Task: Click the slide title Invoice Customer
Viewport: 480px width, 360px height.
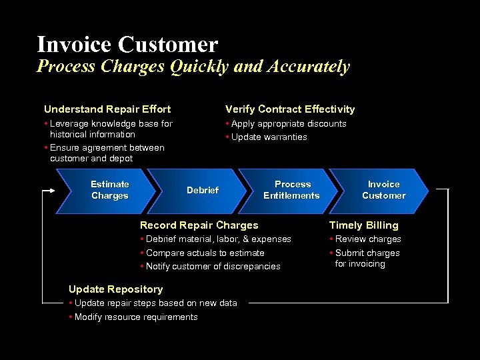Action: (127, 44)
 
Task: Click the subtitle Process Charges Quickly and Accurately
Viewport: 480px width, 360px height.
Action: (193, 67)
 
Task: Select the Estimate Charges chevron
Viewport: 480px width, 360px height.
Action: (109, 190)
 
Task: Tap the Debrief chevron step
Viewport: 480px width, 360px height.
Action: (203, 190)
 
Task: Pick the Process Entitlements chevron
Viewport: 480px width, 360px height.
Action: (291, 190)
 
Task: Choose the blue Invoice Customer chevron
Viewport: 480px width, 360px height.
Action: (383, 190)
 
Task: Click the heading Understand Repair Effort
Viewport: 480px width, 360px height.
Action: (107, 109)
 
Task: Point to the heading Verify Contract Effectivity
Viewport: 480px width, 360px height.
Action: (290, 109)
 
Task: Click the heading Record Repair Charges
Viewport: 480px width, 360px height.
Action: (199, 225)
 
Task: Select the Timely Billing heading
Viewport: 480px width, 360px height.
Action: (363, 225)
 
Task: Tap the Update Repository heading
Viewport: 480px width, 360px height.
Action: (115, 289)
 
